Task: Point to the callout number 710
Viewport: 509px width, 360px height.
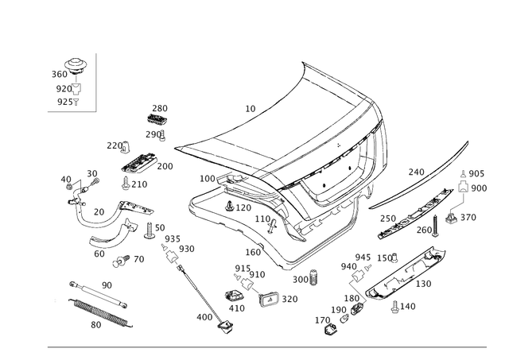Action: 417,171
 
